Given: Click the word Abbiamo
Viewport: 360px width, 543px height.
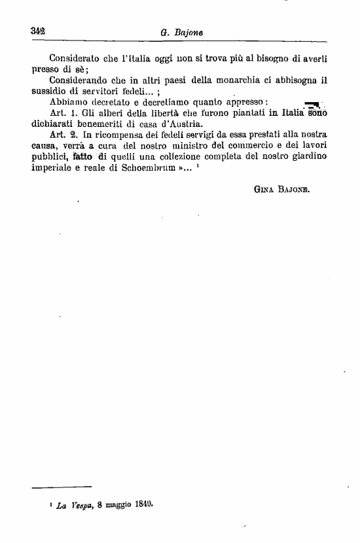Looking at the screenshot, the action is coord(69,101).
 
